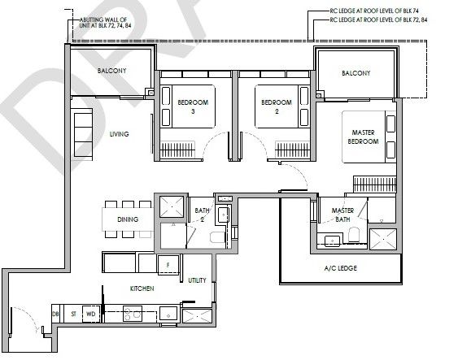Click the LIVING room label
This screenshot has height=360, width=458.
coord(119,134)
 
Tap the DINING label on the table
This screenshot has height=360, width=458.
coord(128,219)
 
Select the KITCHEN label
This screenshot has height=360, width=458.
coord(142,288)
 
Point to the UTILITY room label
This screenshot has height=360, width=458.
coord(197,280)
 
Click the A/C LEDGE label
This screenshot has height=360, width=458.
coord(341,268)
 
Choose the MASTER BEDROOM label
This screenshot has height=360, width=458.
coord(363,137)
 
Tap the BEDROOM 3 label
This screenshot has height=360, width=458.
coord(193,106)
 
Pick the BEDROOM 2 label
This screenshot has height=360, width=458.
coord(277,106)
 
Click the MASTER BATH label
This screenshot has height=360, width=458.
coord(342,215)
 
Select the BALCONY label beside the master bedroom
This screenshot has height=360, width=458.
coord(356,73)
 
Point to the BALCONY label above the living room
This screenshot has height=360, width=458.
coord(112,71)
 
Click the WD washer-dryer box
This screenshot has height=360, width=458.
coord(91,314)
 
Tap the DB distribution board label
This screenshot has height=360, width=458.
coord(55,314)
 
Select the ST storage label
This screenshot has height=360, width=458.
coord(73,314)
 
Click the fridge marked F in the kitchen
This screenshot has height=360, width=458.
coord(168,265)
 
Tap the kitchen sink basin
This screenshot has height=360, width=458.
coord(168,314)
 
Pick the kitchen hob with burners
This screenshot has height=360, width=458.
coord(133,314)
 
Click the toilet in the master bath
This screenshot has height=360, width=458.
coord(354,234)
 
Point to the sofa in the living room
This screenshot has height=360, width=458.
coord(83,134)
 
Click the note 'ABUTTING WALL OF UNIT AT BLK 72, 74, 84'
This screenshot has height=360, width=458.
coord(105,23)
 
